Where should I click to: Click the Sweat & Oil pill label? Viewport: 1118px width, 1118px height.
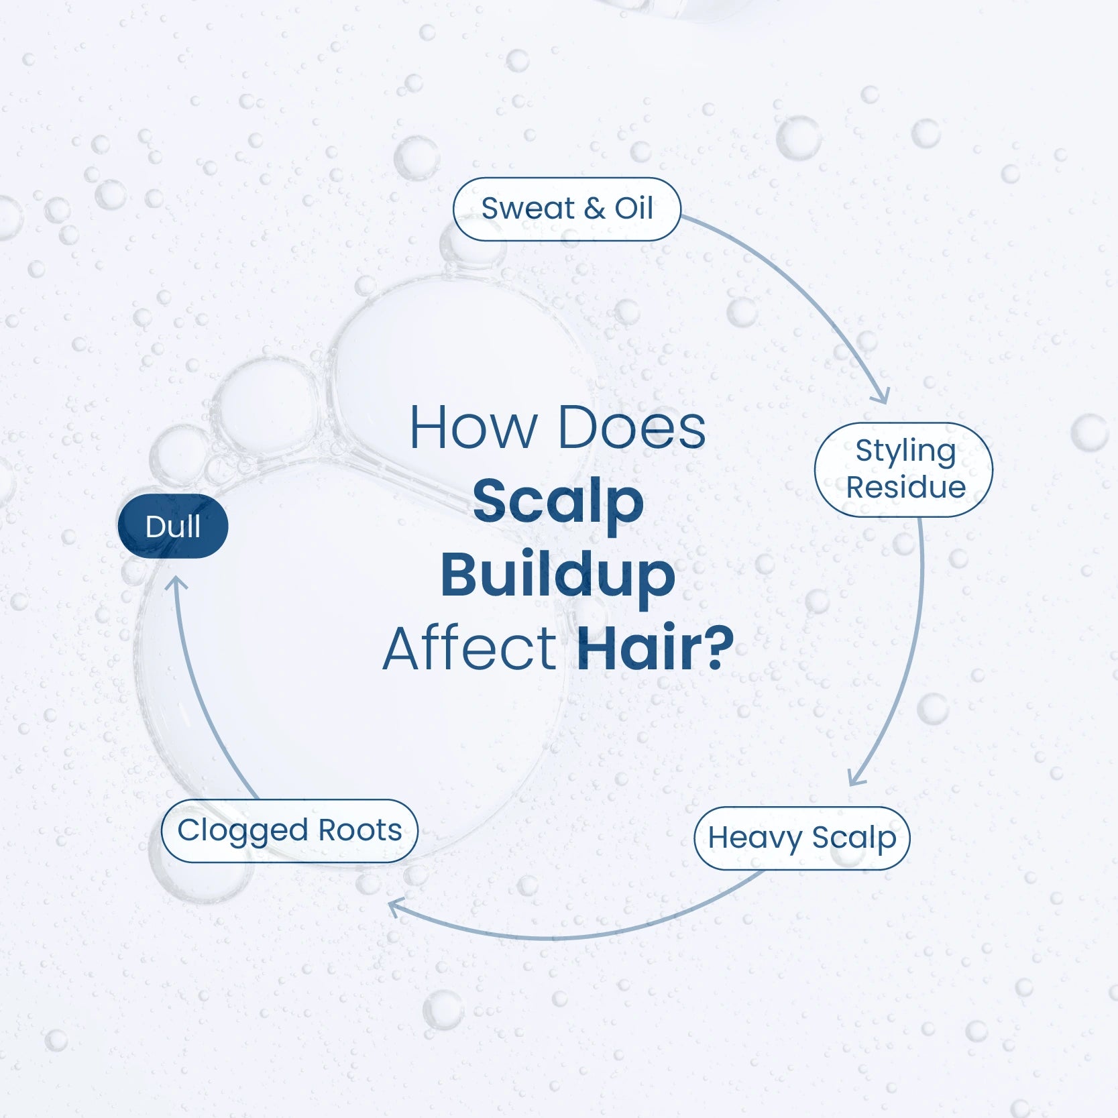[567, 209]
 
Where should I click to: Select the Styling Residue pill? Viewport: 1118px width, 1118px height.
[903, 469]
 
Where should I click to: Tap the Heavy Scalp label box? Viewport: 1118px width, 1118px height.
[801, 838]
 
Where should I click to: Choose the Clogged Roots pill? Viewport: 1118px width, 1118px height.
[290, 831]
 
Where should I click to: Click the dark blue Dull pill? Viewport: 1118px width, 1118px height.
[173, 526]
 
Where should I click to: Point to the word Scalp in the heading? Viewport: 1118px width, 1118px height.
[558, 502]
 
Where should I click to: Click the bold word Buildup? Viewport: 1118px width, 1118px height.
[557, 575]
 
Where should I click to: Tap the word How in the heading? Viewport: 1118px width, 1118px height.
[473, 427]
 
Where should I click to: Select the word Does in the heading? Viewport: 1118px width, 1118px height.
[632, 427]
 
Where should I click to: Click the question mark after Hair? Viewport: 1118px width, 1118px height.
[716, 648]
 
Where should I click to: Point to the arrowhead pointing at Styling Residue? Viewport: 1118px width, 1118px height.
[881, 396]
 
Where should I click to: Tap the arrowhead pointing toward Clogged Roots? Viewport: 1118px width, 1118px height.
[396, 909]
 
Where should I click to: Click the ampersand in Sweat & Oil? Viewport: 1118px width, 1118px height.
[594, 209]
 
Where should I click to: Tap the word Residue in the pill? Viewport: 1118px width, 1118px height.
[905, 487]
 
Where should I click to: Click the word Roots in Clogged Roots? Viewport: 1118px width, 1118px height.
[360, 830]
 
